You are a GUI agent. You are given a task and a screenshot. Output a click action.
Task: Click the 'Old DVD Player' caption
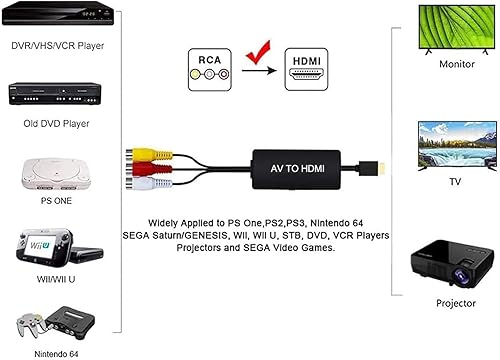(x=47, y=124)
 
